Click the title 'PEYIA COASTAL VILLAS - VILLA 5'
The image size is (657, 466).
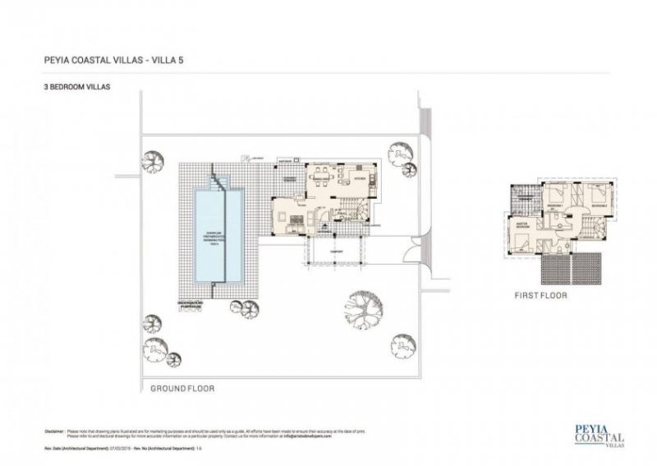119,59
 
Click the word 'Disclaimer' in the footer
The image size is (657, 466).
51,430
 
